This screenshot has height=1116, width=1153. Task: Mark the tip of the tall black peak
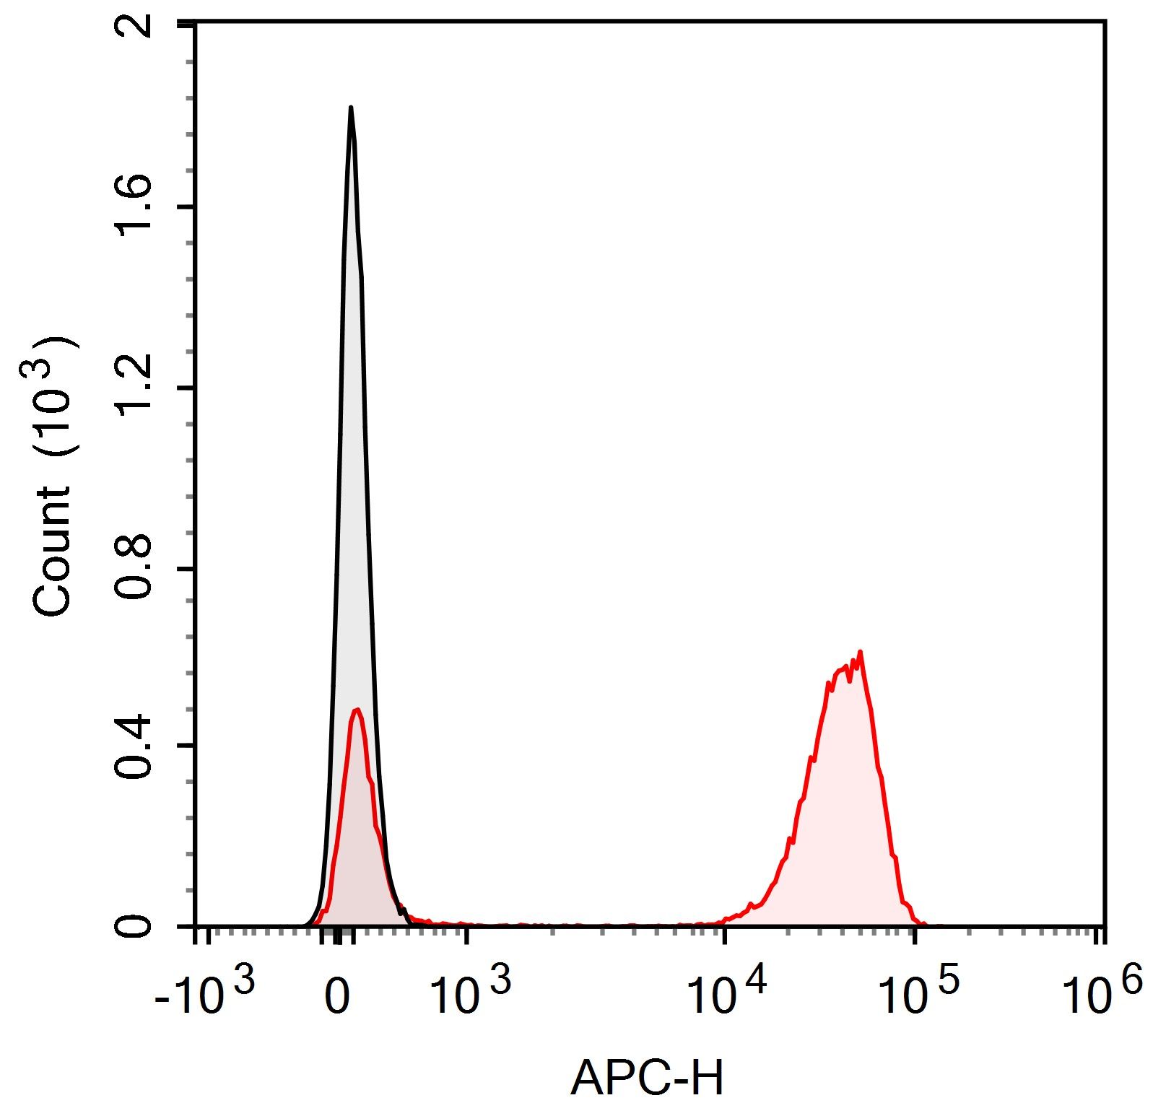point(351,108)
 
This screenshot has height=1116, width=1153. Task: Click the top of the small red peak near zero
point(356,710)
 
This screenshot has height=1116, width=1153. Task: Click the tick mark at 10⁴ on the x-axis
point(725,933)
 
